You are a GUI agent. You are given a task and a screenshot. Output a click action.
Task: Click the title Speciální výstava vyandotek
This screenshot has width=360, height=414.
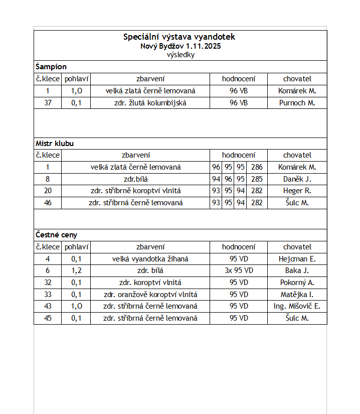tap(179, 37)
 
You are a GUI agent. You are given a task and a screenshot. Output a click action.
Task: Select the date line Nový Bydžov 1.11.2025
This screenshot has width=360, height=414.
tap(181, 46)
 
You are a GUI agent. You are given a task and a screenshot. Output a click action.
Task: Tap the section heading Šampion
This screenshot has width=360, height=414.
tap(51, 66)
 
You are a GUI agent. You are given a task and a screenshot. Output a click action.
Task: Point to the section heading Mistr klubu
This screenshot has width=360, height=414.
tap(55, 143)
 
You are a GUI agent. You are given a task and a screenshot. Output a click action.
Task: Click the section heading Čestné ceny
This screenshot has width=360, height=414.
tap(56, 234)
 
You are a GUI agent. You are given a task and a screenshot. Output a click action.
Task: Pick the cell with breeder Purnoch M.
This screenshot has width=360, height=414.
tap(297, 103)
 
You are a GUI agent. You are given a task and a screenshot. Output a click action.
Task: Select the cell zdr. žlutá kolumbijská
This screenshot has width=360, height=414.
tap(150, 103)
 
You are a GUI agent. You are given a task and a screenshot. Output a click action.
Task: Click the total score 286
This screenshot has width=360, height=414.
tap(257, 167)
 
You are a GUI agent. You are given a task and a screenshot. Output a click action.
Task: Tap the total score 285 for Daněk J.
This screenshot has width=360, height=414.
tap(257, 179)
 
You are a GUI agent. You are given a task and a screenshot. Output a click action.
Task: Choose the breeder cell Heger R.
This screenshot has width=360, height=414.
tap(297, 191)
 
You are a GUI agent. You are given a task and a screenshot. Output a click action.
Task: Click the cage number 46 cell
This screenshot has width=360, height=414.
tap(48, 203)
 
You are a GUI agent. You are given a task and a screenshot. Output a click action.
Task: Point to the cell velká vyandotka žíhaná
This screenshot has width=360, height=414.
tap(150, 259)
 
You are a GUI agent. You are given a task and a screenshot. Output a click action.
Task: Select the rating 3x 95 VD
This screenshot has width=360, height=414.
tap(239, 270)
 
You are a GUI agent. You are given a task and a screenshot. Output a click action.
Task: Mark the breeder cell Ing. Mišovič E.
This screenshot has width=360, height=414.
tap(297, 306)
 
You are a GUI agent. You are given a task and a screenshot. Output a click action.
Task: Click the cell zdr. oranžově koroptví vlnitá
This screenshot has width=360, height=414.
tap(150, 295)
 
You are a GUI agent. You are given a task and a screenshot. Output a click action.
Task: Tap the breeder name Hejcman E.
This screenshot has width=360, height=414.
tap(297, 259)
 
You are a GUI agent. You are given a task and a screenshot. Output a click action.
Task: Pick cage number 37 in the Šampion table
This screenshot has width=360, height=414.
tap(48, 103)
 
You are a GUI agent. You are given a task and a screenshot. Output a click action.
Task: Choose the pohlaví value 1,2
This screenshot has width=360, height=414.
tap(76, 270)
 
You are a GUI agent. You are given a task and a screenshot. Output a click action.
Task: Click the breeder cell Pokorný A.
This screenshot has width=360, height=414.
tap(297, 283)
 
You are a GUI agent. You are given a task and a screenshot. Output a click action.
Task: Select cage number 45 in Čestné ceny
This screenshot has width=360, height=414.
tap(48, 318)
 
